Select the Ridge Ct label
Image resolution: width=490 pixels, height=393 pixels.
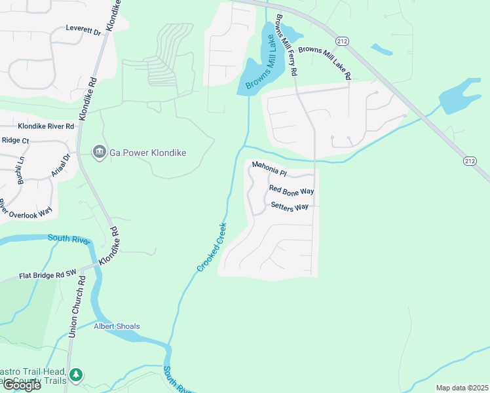point(16,140)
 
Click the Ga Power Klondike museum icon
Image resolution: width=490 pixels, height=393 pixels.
point(99,153)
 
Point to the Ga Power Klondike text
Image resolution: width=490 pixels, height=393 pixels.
point(147,153)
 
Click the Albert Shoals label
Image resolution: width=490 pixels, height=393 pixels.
point(117,326)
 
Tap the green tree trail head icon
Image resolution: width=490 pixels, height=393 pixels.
point(77,374)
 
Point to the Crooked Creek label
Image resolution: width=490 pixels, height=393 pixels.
point(212,247)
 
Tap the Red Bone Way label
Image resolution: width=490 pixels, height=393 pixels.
point(292,190)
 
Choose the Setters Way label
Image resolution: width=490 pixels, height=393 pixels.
point(290,206)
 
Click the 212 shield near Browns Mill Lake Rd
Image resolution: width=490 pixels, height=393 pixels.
point(345,41)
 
